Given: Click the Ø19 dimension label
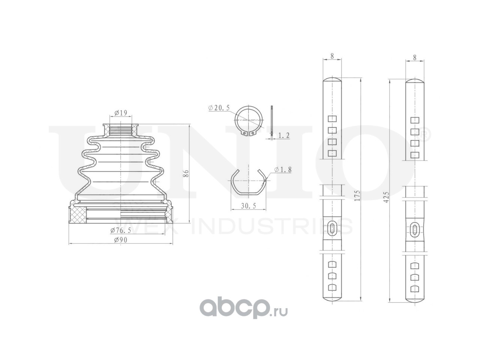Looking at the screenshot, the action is click(120, 113).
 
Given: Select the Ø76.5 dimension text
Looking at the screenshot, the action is click(121, 230).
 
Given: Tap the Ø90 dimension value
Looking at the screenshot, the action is click(120, 240).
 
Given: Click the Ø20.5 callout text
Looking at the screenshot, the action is click(219, 108).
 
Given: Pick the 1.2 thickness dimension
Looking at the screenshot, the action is click(283, 135).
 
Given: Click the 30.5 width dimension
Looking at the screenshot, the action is click(248, 205).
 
